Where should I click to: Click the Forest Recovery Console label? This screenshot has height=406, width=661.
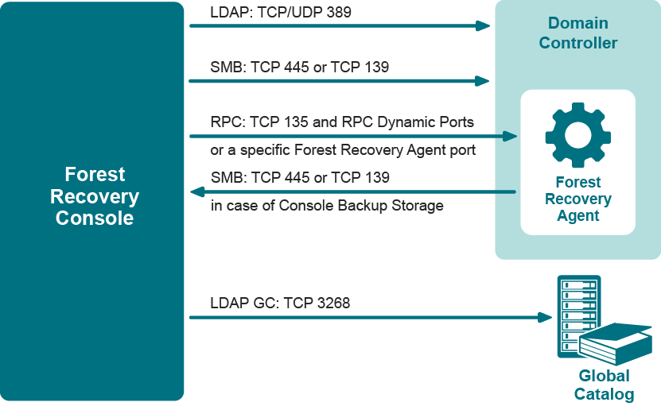click(95, 196)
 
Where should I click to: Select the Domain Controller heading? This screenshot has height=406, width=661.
click(578, 33)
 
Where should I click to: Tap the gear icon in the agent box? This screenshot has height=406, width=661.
click(577, 135)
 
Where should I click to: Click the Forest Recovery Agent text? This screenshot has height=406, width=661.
click(578, 199)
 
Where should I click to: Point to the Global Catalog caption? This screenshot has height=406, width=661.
click(604, 385)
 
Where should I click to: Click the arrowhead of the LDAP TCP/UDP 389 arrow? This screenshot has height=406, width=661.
click(483, 25)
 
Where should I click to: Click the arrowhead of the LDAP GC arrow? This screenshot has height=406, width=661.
click(546, 317)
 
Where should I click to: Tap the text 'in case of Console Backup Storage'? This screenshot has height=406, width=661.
click(327, 207)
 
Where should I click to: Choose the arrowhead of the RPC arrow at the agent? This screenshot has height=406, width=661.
click(511, 136)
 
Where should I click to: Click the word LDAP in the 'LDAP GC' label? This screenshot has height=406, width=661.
click(228, 304)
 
